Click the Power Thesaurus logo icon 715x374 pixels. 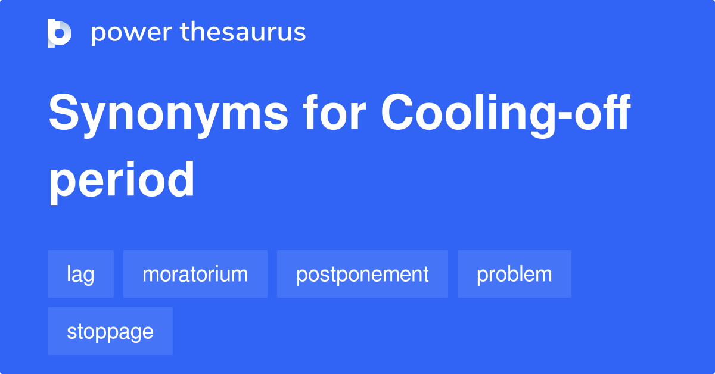pos(60,33)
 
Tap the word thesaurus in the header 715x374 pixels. pos(243,33)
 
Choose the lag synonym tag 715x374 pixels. pos(80,274)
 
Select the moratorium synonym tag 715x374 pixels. pos(195,274)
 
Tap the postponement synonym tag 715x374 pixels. pos(362,274)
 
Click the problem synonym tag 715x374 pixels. pos(514,274)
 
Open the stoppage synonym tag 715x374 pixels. pos(110,331)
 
